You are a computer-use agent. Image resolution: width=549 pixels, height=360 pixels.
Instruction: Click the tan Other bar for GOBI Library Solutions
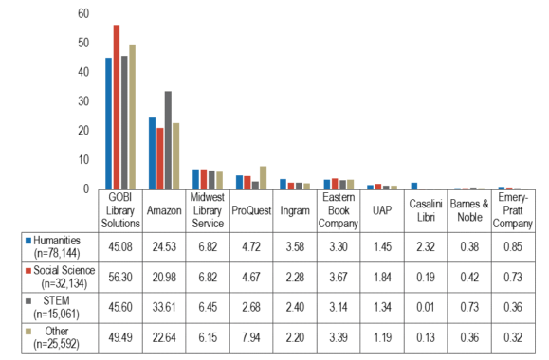point(133,117)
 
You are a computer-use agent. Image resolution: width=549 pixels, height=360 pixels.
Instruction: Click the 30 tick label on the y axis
point(83,101)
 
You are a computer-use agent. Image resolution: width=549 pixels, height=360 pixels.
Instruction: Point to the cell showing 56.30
point(119,277)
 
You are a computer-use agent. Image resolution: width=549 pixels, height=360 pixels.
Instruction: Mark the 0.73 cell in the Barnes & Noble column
point(469,307)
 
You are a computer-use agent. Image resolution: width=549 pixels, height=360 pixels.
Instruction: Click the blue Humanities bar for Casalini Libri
point(413,186)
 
